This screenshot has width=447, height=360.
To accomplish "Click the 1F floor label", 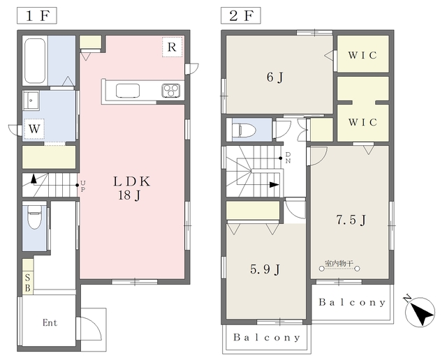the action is [37, 15].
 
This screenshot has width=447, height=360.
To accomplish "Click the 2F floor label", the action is [241, 15].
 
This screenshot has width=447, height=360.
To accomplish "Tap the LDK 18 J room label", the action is [131, 188].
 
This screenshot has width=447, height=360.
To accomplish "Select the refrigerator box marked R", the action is [173, 47].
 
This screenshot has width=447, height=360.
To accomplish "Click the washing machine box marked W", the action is [34, 129].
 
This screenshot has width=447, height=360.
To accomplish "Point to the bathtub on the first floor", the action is [35, 61].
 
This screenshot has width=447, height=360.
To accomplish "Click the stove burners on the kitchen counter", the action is [170, 91].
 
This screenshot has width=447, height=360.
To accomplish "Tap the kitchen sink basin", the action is [128, 91].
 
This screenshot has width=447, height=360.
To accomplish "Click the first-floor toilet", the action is [34, 218].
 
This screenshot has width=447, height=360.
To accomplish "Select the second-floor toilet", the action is [242, 130].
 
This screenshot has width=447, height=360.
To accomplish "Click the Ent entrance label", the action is [50, 323].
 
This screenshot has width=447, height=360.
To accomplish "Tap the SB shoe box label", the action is [28, 283].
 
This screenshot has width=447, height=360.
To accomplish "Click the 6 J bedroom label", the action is [274, 77].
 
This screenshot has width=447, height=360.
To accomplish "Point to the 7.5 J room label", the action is [351, 220].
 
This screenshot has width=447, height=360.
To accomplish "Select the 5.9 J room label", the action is [265, 269].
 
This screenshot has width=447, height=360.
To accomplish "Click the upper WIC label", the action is [362, 55].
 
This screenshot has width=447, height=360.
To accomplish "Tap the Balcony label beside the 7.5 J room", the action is [352, 302].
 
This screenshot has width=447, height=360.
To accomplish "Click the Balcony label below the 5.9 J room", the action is [267, 338].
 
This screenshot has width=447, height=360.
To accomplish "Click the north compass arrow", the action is [420, 312].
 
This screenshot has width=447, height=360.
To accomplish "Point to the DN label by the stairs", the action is [288, 158].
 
